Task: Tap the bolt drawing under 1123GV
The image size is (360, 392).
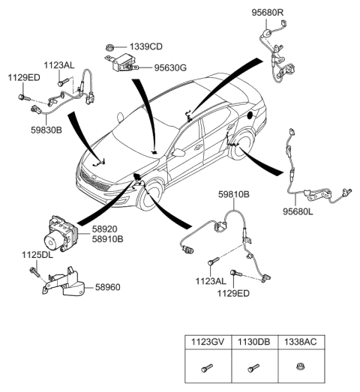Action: (x=206, y=369)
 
